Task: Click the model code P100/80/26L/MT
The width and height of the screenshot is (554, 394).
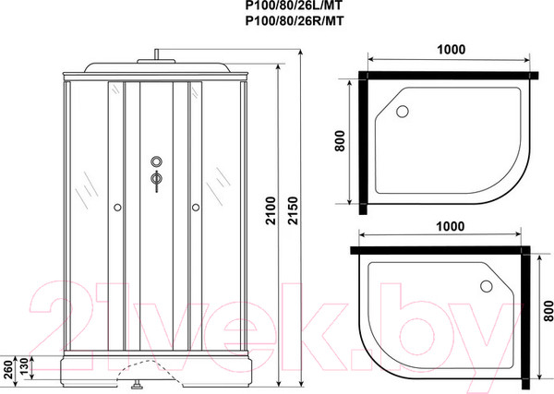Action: [294, 6]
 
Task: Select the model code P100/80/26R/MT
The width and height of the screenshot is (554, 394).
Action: [294, 21]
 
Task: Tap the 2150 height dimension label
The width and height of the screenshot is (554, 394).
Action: [294, 210]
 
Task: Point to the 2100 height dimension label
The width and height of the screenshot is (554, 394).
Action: [271, 210]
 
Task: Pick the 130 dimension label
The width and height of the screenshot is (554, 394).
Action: [23, 367]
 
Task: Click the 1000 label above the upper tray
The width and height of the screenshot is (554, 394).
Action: [452, 50]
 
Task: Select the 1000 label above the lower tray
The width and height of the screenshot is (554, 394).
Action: [451, 226]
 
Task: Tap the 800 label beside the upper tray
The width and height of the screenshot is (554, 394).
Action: [340, 141]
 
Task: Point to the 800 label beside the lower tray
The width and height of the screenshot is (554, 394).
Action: [548, 311]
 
